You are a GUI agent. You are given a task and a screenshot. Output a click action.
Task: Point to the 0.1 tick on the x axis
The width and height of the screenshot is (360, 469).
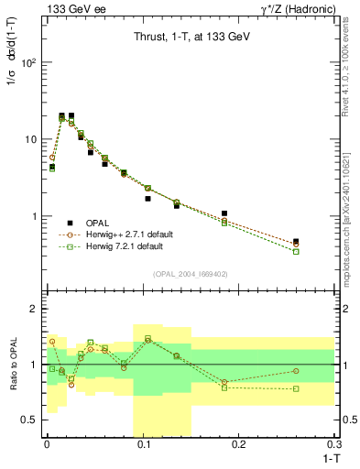pyautogui.click(x=142, y=444)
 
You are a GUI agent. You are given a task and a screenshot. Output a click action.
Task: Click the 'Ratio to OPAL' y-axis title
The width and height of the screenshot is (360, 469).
pyautogui.click(x=12, y=365)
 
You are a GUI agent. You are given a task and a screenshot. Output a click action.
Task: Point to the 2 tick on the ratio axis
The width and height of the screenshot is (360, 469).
pyautogui.click(x=34, y=310)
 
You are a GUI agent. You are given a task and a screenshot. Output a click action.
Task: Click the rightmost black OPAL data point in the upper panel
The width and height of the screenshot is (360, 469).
pyautogui.click(x=296, y=242)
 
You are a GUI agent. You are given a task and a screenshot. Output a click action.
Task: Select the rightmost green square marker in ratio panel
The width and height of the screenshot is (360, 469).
pyautogui.click(x=296, y=388)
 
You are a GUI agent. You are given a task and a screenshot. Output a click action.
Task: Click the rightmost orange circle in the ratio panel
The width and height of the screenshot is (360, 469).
pyautogui.click(x=296, y=371)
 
